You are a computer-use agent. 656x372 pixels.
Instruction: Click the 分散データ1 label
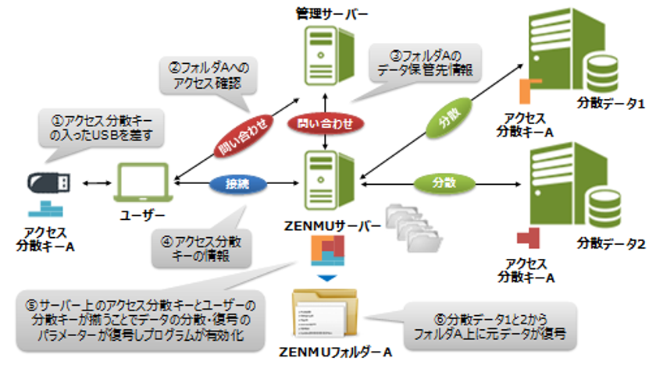point(611,104)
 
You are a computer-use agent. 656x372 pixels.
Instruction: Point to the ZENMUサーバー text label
point(330,226)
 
